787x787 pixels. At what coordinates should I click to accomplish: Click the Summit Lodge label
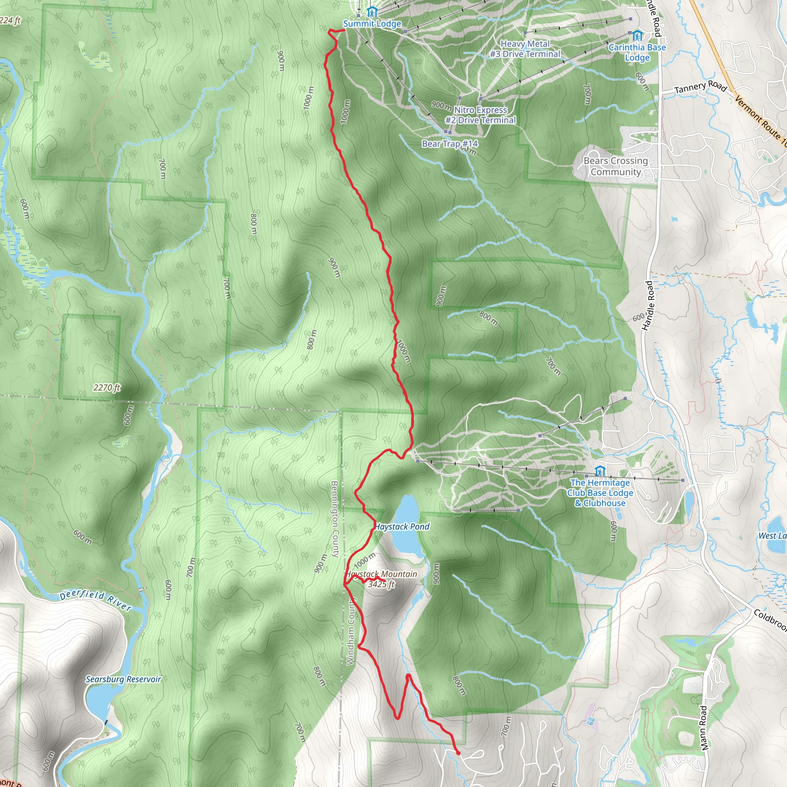[x=372, y=23]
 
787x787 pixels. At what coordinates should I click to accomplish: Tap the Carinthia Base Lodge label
[x=637, y=53]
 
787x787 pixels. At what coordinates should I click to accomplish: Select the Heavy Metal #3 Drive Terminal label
[x=525, y=49]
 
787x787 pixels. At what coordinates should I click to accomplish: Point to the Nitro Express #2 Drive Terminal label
[x=481, y=115]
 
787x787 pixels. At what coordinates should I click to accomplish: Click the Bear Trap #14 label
[x=450, y=143]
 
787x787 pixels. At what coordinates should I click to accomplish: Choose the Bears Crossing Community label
[x=616, y=166]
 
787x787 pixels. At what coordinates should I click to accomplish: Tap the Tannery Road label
[x=700, y=87]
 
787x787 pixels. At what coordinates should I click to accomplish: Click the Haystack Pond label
[x=402, y=527]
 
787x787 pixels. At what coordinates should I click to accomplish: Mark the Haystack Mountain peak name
[x=382, y=574]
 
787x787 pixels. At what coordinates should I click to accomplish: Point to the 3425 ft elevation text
[x=381, y=584]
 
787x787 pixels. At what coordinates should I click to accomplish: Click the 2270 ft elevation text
[x=107, y=387]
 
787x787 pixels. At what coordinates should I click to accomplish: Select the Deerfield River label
[x=96, y=601]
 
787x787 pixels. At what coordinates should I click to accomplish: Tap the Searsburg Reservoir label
[x=123, y=679]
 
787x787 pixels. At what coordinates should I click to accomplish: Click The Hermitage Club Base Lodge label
[x=600, y=493]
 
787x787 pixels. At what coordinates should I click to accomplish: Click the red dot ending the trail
[x=458, y=753]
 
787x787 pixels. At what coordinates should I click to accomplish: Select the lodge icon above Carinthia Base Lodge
[x=638, y=35]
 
